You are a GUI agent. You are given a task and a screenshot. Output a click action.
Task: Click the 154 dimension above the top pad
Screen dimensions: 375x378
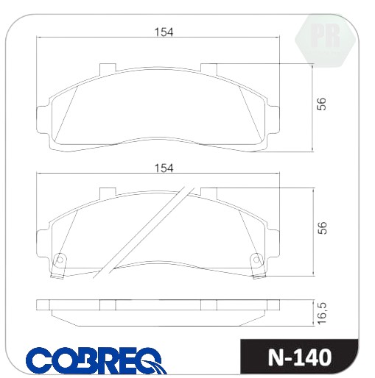coord(164,32)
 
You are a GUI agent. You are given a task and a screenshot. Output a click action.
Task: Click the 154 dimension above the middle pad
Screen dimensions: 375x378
coord(164,168)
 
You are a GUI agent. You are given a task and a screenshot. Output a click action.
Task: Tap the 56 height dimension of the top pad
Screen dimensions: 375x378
coord(321,104)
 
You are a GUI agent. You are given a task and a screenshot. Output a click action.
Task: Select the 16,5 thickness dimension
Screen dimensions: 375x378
coord(322,313)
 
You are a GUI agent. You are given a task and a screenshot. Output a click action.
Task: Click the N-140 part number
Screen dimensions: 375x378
coord(300,357)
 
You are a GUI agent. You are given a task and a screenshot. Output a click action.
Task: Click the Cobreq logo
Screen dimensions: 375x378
coord(97,360)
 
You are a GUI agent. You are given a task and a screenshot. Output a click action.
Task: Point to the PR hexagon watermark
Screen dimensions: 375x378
coord(325,40)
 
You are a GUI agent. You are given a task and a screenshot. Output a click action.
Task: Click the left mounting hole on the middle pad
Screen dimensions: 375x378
coord(60,260)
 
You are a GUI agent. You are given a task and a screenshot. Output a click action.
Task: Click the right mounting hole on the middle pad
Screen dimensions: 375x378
coord(256,260)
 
